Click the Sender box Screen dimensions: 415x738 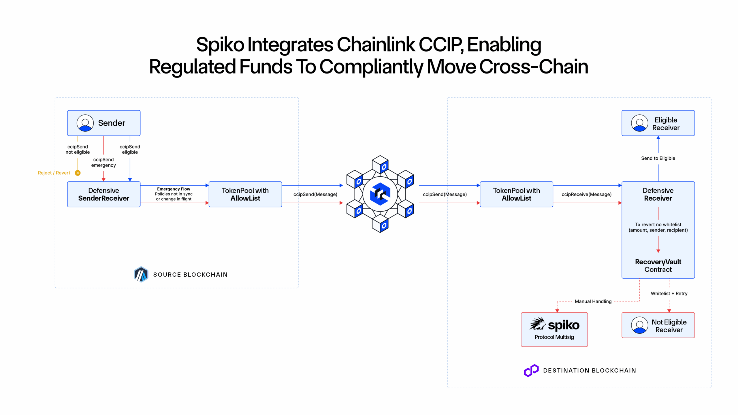click(104, 123)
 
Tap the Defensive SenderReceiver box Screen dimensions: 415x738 click(104, 194)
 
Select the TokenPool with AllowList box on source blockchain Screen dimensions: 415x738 click(245, 194)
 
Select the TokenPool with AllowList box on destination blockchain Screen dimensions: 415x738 click(516, 194)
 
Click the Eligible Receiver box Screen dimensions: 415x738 click(658, 123)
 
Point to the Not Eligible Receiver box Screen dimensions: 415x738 click(658, 325)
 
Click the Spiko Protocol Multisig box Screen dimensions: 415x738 click(554, 329)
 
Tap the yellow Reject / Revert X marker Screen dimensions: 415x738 click(78, 173)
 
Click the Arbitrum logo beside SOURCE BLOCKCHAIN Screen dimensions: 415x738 click(141, 274)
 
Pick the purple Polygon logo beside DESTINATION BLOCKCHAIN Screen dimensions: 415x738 click(531, 370)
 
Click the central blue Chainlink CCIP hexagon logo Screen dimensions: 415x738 click(380, 194)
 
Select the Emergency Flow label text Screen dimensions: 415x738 click(174, 189)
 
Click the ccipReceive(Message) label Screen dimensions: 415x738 click(586, 195)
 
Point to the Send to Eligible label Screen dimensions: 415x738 click(658, 158)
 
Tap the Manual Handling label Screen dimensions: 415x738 click(593, 301)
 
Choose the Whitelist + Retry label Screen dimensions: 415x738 click(669, 293)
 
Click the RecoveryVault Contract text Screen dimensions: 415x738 click(658, 265)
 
